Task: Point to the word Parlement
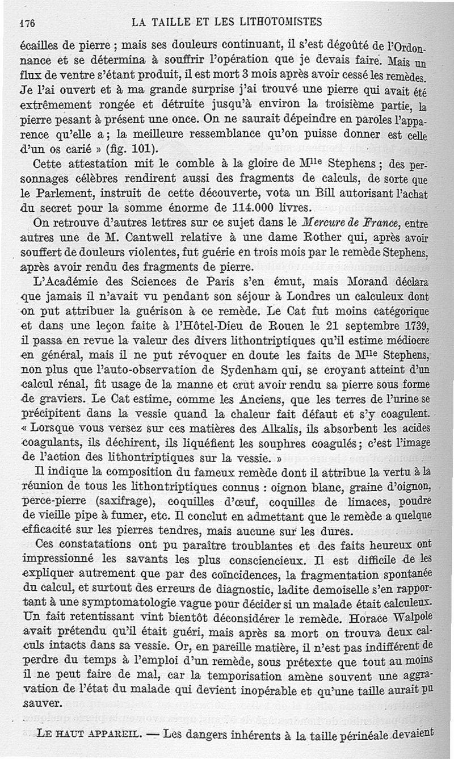click(x=75, y=194)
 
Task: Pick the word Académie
click(x=74, y=282)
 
